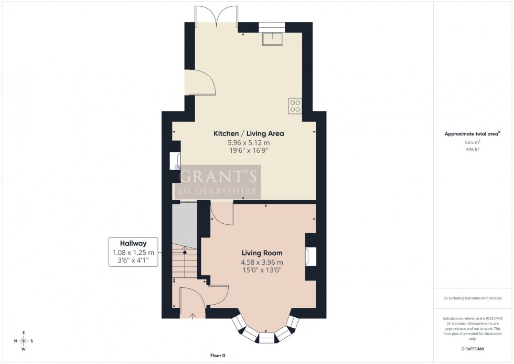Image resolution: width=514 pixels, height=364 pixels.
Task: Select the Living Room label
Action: click(x=258, y=253)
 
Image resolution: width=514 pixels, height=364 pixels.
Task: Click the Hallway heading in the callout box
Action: click(x=133, y=243)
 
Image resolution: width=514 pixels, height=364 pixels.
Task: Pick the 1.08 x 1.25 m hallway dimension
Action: click(x=133, y=252)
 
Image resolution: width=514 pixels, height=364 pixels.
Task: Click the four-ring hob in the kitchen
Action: click(x=294, y=106)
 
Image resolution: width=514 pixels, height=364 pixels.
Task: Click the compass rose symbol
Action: click(x=24, y=340)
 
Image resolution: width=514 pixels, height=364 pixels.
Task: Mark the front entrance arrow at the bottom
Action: click(x=192, y=315)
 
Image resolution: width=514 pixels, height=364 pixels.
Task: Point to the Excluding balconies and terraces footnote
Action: click(x=472, y=298)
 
